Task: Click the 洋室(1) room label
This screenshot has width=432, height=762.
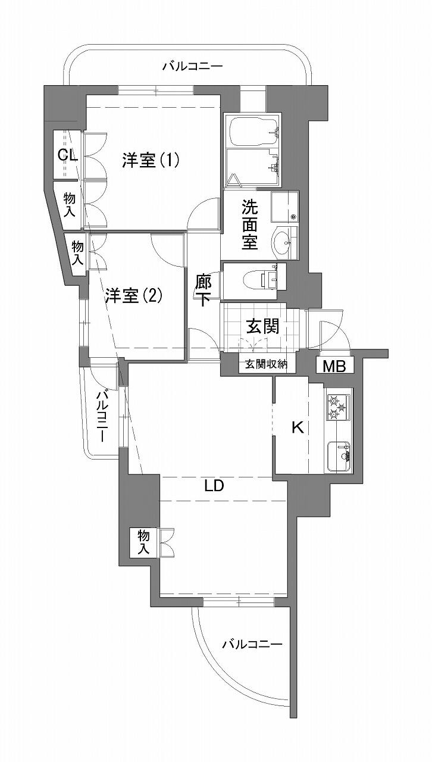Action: click(151, 161)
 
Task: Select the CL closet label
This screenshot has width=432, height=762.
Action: click(68, 156)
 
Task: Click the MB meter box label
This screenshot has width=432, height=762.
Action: click(334, 366)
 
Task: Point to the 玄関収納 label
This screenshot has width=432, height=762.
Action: click(267, 364)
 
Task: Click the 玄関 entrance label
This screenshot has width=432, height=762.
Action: click(263, 326)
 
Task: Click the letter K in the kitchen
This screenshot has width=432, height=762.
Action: click(298, 428)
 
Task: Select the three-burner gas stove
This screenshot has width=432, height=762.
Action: click(338, 407)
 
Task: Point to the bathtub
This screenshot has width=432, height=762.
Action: click(253, 131)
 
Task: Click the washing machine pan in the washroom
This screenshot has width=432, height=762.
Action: click(284, 207)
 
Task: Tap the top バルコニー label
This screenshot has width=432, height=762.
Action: click(192, 66)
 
